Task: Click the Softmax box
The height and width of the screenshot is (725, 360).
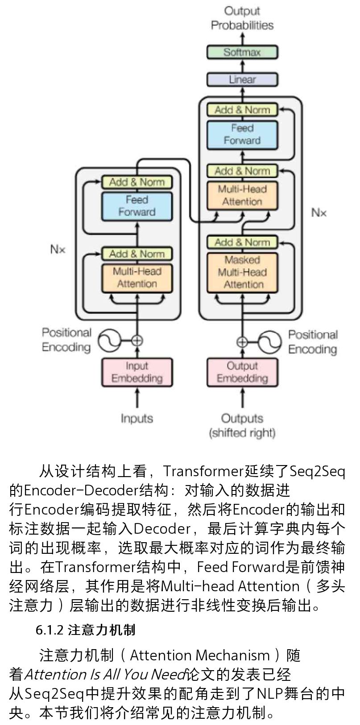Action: (x=242, y=52)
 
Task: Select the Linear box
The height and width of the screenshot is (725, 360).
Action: (x=242, y=80)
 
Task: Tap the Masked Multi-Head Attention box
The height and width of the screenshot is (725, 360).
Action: (x=242, y=272)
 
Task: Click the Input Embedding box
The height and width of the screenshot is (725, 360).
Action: (x=137, y=372)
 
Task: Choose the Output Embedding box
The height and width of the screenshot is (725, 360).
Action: (x=242, y=372)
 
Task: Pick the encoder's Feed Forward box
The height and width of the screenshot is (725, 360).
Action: (x=137, y=206)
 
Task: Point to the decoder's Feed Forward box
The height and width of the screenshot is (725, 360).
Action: (x=242, y=134)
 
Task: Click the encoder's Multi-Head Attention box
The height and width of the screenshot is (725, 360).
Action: (x=137, y=278)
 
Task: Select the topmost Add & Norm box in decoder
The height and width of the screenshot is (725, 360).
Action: (x=242, y=110)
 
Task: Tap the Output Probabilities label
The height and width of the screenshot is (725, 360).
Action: (x=242, y=18)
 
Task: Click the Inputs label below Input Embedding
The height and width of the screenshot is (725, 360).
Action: (x=137, y=419)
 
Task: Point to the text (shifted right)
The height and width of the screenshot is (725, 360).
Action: (x=242, y=433)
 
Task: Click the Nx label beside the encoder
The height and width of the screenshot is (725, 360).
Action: (x=58, y=249)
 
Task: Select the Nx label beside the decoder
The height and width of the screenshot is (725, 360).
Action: (x=319, y=213)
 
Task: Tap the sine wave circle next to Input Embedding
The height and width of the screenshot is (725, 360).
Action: (x=110, y=341)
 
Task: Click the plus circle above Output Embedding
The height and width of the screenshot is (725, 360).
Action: (x=242, y=342)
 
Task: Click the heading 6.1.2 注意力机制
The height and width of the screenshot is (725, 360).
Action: (x=85, y=630)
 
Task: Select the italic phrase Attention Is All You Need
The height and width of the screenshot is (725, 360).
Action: (x=105, y=674)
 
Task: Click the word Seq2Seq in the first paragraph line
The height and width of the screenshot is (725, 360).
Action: (x=317, y=471)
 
